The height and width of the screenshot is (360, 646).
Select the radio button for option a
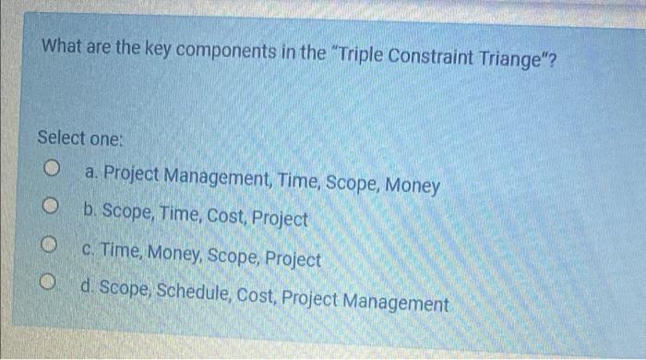54,170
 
